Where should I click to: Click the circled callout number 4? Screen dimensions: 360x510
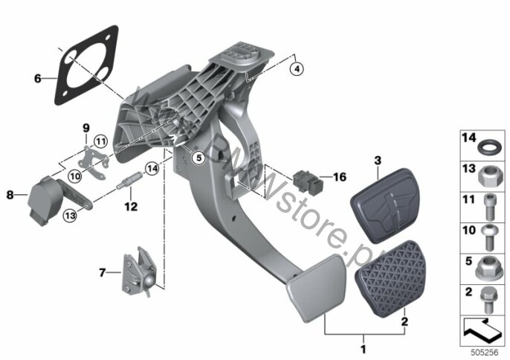coord(297,69)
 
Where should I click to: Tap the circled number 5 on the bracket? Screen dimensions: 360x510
coord(197,157)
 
